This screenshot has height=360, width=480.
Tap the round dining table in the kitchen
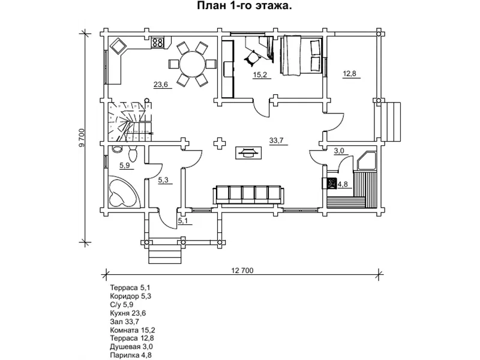click(x=189, y=62)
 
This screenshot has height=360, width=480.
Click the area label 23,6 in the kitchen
click(x=161, y=85)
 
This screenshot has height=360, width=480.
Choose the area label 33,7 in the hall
click(x=277, y=141)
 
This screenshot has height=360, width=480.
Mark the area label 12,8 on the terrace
click(x=350, y=74)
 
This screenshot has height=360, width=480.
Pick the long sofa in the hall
click(x=248, y=194)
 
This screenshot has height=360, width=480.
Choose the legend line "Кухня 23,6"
click(x=128, y=313)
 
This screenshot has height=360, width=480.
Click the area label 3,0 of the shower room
click(x=339, y=152)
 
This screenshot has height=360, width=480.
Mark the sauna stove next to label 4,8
click(x=330, y=184)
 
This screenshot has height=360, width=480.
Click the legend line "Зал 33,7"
click(x=124, y=322)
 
